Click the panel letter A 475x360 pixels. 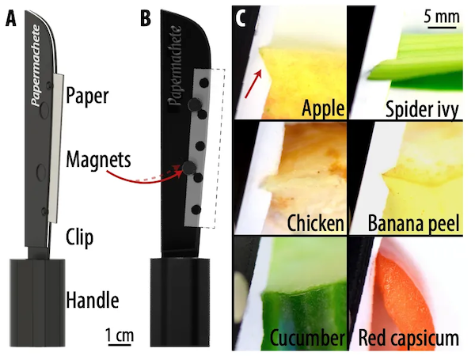11,20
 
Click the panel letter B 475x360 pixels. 146,19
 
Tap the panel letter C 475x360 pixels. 240,18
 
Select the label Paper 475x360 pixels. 87,96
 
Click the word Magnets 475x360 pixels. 98,159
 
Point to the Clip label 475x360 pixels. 79,237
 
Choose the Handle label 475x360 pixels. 93,300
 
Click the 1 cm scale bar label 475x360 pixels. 120,335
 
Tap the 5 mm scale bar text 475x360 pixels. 442,17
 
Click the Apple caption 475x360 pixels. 323,108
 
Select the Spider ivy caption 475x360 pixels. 422,109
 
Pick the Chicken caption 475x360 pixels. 315,223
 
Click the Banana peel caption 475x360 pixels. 413,224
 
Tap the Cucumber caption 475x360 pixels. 307,338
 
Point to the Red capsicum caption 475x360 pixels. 408,339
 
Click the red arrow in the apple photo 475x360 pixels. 253,84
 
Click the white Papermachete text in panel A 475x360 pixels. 36,66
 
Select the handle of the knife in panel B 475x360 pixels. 180,302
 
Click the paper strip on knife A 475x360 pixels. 56,149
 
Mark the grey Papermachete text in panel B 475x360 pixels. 176,66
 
